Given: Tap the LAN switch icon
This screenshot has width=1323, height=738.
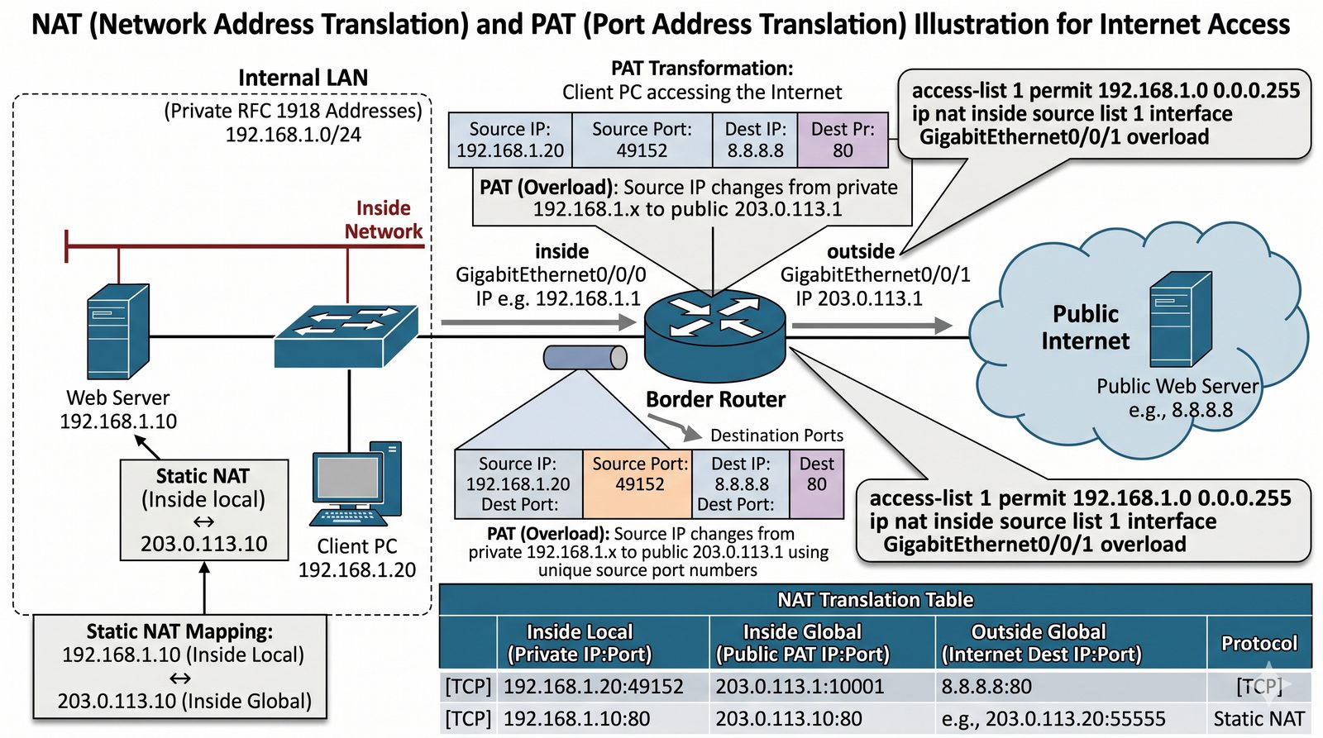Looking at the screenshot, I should [346, 336].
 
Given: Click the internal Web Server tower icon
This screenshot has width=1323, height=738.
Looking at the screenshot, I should [118, 331].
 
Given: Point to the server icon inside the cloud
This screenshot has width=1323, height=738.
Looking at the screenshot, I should [1181, 320].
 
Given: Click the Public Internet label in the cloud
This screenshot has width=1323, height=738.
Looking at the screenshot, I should [1085, 327].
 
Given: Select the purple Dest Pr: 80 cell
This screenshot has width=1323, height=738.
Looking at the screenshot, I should [843, 140].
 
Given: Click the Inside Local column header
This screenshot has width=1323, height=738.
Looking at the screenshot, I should [579, 643].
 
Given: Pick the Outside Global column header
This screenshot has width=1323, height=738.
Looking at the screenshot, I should [1039, 643].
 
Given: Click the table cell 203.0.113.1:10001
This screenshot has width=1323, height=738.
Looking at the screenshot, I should [800, 687].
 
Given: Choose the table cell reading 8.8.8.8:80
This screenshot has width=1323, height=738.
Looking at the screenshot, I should [986, 687].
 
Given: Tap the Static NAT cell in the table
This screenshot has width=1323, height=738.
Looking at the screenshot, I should [1259, 719].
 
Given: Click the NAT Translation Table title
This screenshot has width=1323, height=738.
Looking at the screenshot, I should [875, 600].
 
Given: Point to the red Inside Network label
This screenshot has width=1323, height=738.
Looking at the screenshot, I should [384, 220].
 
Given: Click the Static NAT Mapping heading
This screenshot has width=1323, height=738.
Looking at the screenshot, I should [179, 631].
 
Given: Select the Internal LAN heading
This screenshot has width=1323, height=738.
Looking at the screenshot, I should [303, 78].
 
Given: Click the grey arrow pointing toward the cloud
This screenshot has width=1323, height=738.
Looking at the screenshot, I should [872, 326].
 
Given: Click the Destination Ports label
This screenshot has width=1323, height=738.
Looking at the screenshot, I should [776, 436].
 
